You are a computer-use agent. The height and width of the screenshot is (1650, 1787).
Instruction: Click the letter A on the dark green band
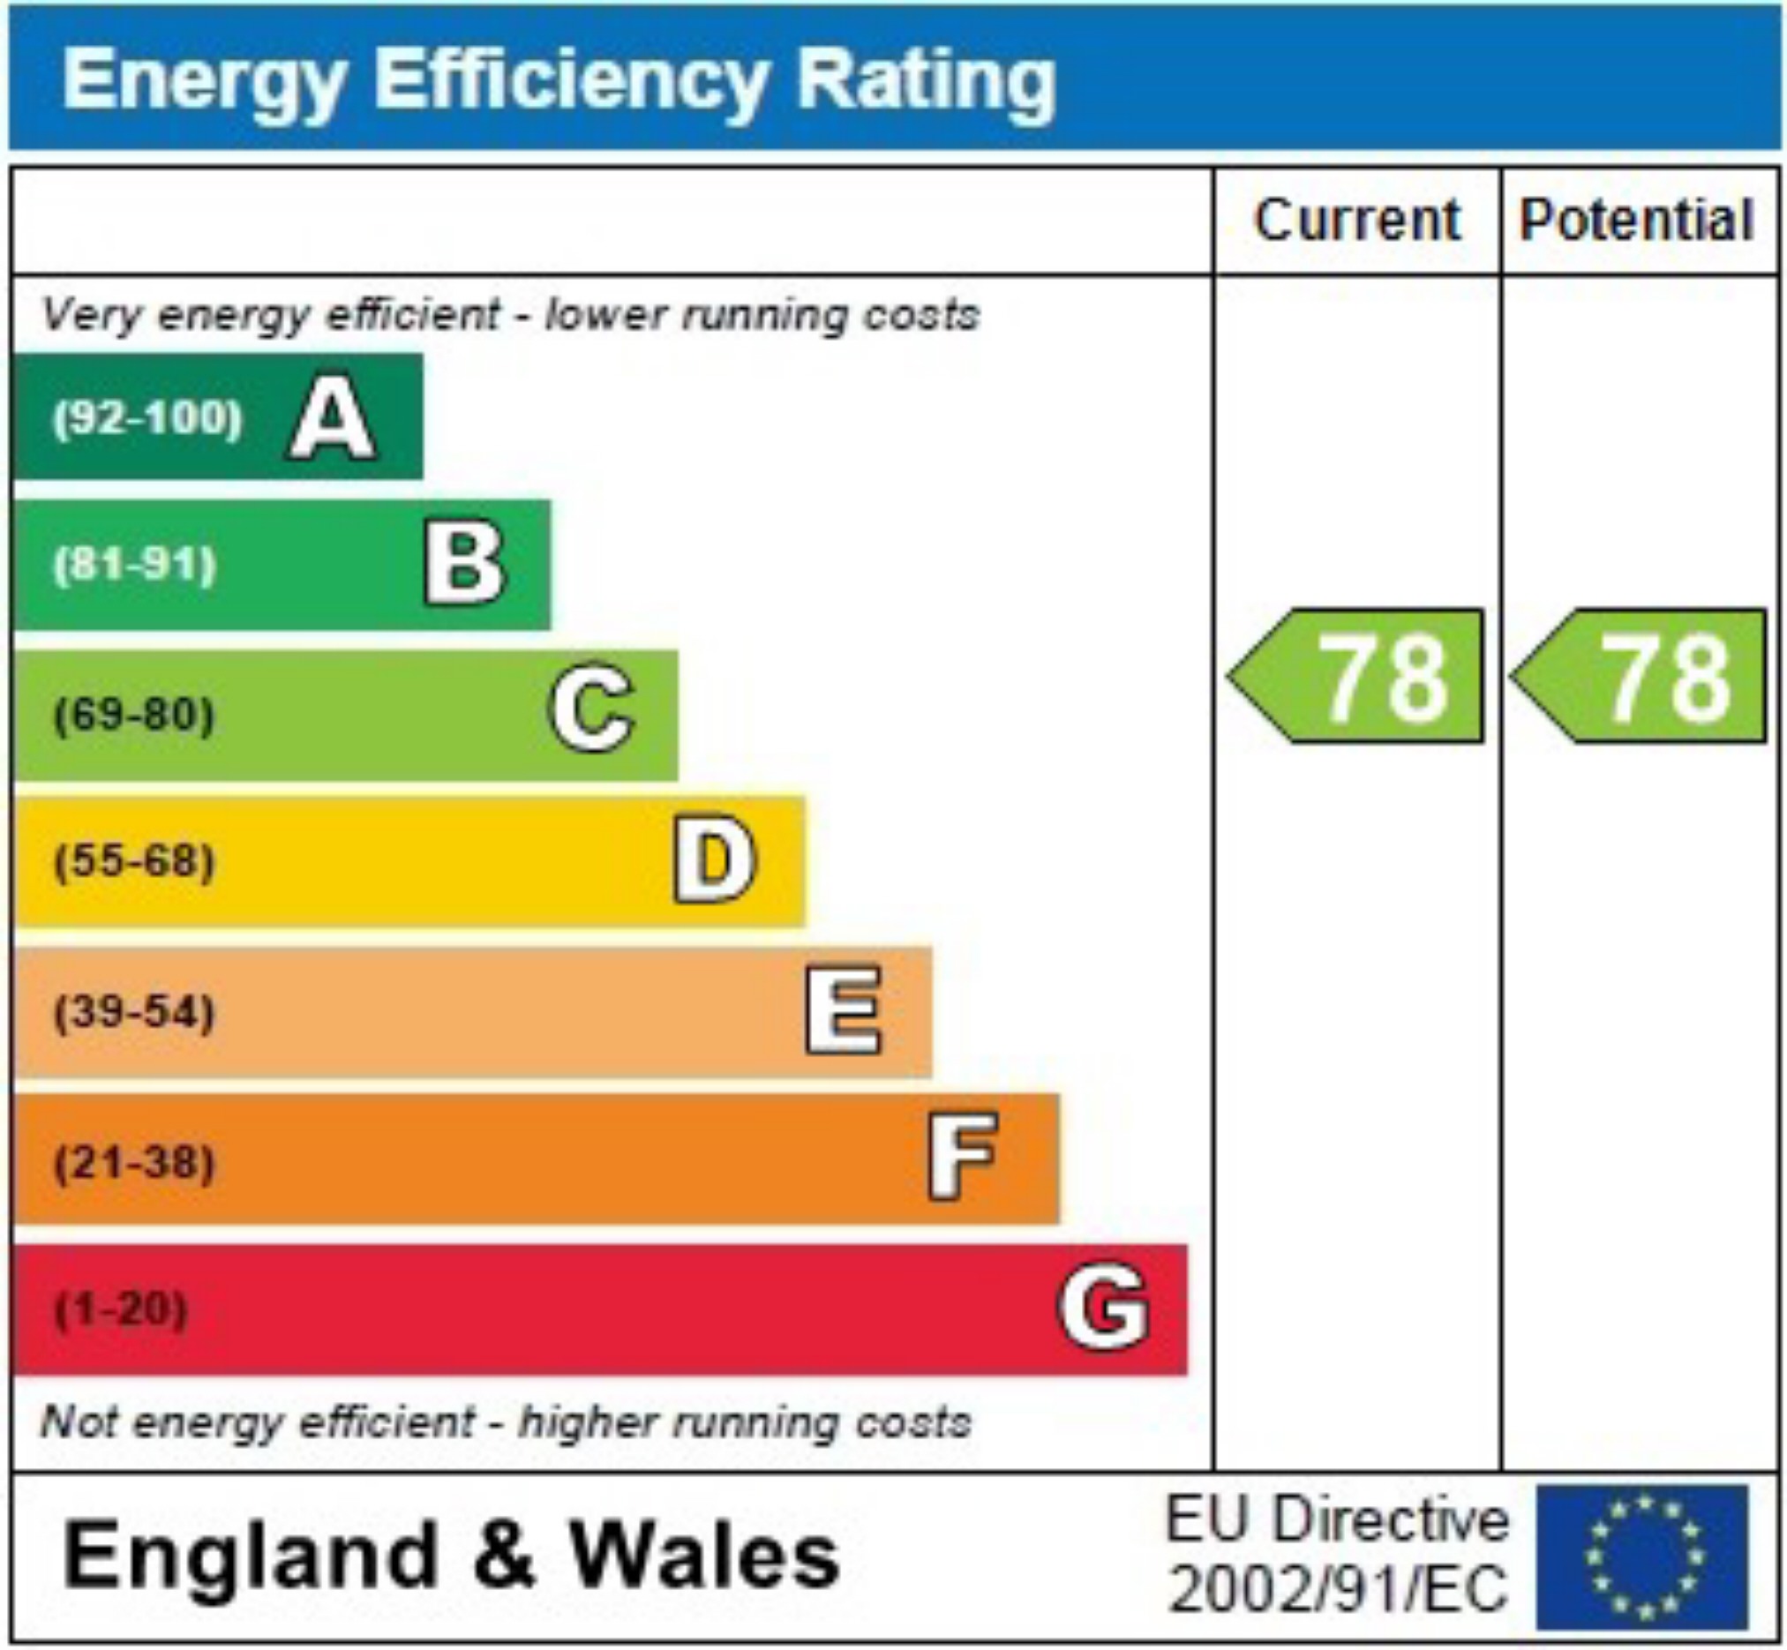coord(331,418)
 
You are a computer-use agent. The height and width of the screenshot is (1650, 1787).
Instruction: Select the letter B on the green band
coord(464,565)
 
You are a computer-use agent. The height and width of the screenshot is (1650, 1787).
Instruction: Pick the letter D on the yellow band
coord(714,860)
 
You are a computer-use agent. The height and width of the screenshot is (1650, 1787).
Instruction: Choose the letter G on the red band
coord(1103,1306)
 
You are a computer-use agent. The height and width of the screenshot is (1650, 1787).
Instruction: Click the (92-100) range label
coord(147,418)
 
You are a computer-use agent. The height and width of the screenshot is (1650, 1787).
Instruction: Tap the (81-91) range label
coord(135,566)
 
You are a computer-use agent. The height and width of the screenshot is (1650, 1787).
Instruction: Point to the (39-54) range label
coord(135,1011)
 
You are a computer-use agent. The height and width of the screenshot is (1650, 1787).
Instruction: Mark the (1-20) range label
coord(122,1309)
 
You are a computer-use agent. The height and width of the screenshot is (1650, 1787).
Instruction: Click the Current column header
coord(1356,220)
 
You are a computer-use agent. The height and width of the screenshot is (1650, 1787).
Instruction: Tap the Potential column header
coord(1637,220)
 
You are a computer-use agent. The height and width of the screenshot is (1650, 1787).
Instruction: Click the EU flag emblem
coord(1642,1557)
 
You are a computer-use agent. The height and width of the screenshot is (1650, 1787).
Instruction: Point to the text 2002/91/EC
coord(1338,1589)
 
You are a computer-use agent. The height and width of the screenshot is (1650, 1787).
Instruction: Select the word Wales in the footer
coord(704,1556)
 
